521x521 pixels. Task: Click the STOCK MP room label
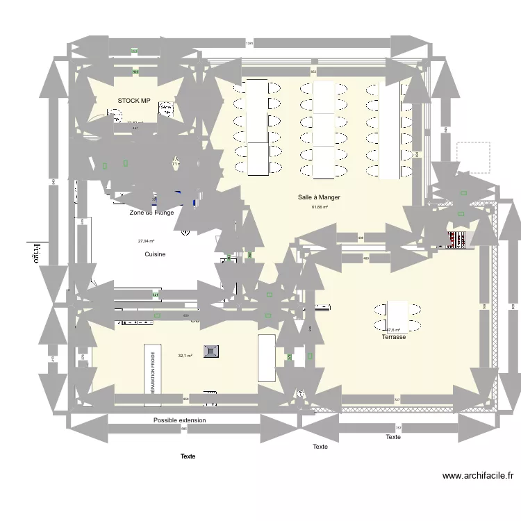[134, 101]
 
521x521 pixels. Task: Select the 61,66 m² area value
[320, 207]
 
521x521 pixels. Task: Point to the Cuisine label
[155, 254]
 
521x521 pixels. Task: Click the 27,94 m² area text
[146, 241]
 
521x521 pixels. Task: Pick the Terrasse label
[393, 337]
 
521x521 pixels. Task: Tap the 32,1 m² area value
[185, 356]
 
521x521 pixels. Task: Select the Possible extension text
[179, 420]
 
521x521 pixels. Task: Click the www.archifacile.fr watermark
[478, 476]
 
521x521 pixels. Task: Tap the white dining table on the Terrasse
[397, 316]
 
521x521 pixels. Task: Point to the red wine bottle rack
[458, 240]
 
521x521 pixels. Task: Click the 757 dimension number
[398, 428]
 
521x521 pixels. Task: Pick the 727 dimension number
[397, 399]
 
